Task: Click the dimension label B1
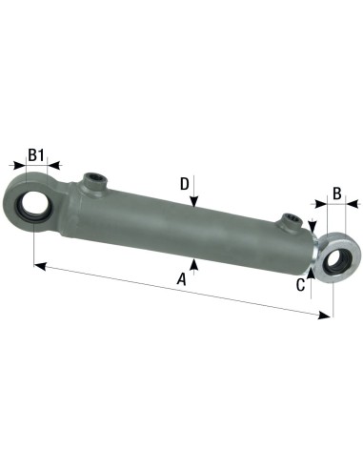36,154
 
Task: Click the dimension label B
335,194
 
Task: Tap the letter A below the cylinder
181,278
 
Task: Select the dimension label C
300,283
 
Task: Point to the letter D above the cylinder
185,184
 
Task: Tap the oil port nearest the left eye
93,180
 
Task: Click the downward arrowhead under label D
193,203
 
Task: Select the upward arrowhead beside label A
193,264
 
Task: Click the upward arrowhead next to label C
312,271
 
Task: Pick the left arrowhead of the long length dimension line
38,264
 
